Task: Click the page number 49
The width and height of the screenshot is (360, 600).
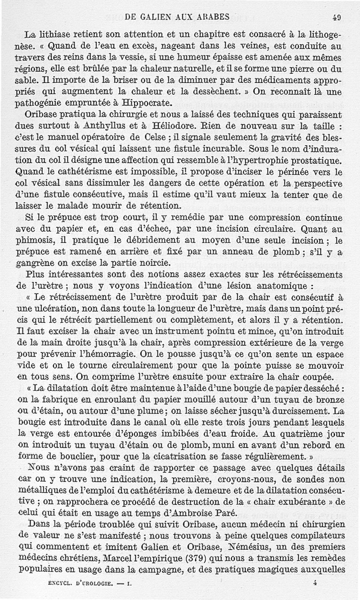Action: [336, 18]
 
